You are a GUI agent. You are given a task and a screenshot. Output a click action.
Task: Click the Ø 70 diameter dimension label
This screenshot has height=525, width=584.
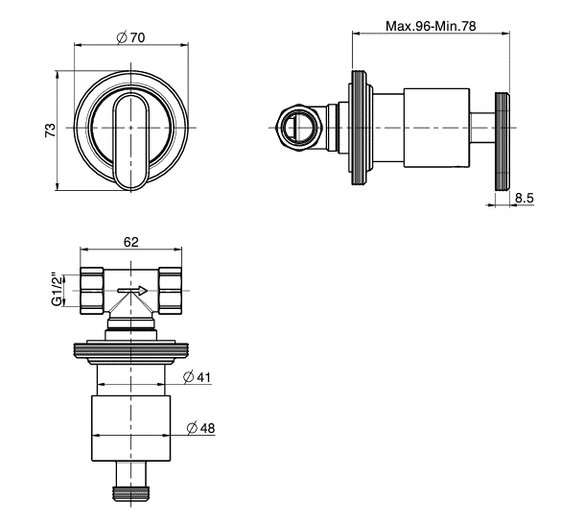130,37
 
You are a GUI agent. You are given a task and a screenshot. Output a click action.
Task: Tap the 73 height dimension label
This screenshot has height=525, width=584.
50,131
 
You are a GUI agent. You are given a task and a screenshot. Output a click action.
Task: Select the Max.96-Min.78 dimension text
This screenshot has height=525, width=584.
431,26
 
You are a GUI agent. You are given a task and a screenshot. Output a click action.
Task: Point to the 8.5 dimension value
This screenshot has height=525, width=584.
525,198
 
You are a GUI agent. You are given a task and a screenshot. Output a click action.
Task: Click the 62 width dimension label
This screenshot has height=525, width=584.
131,242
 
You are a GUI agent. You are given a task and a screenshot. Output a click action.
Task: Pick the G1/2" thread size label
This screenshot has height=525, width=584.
57,291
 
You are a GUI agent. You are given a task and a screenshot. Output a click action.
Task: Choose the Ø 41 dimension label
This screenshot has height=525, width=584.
197,377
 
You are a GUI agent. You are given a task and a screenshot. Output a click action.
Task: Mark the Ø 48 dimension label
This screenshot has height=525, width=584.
201,428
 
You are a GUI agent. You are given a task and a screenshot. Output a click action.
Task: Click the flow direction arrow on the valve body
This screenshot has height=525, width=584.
132,291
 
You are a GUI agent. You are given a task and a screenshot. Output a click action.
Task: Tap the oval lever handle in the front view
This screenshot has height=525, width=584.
130,141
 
